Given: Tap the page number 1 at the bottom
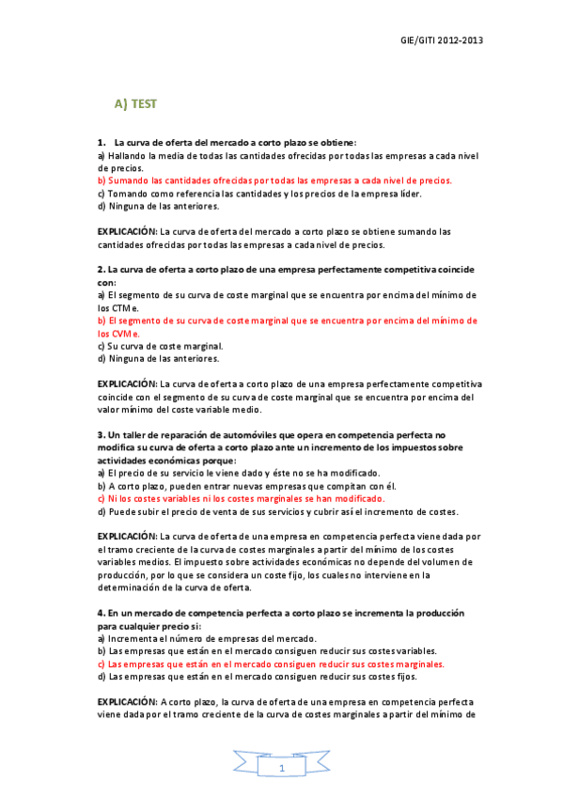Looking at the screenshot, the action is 281,770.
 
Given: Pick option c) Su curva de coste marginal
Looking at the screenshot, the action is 160,345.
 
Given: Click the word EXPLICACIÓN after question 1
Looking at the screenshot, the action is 128,231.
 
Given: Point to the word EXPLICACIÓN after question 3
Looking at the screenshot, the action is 128,536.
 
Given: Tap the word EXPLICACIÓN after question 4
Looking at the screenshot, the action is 128,701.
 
